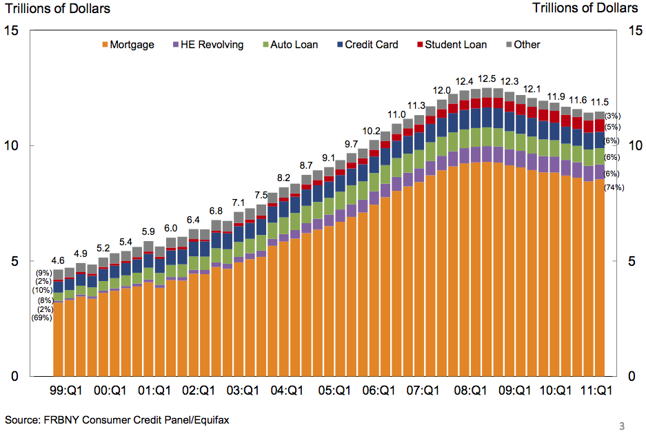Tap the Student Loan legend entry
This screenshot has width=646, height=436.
452,45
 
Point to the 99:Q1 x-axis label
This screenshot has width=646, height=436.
67,391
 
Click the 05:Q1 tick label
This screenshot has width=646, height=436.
334,391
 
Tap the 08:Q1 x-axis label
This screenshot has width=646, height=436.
469,391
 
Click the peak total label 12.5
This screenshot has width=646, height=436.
487,79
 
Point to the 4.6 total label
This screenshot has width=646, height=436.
59,261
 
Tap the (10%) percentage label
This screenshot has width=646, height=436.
41,291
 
